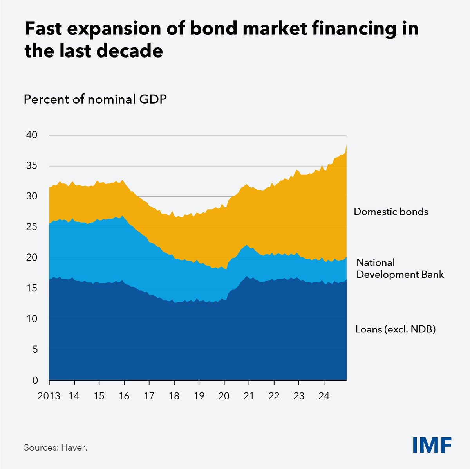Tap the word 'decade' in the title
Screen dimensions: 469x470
point(131,52)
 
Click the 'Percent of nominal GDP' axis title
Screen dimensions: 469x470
point(95,100)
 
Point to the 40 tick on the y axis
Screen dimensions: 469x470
point(32,135)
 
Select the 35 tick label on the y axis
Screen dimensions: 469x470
point(32,166)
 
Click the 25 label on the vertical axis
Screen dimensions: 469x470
point(32,227)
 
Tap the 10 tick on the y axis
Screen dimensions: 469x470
point(32,319)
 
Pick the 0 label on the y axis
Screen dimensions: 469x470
point(35,380)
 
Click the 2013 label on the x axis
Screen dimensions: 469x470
point(49,396)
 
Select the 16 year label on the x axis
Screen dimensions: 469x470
point(124,396)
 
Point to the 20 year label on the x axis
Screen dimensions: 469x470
point(224,396)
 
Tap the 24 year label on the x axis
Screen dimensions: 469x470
point(324,396)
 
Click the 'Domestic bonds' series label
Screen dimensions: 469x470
point(391,212)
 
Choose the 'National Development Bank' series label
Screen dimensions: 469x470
point(400,268)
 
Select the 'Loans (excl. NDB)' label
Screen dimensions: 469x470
point(396,329)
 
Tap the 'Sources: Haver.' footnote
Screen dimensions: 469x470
point(55,447)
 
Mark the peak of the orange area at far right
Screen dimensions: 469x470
point(346,145)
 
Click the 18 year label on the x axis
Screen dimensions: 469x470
point(174,396)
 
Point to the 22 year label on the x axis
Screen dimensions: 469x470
point(274,396)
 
